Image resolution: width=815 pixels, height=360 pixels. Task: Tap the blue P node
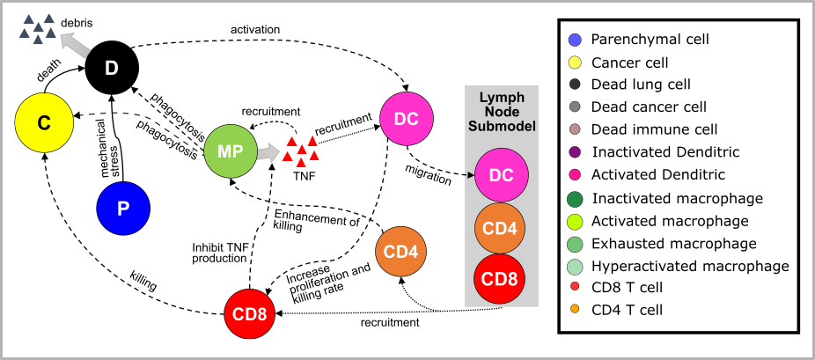tap(123, 209)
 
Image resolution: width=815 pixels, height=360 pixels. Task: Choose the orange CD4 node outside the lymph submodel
tap(402, 251)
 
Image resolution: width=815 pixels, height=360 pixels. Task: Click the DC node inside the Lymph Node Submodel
tap(501, 175)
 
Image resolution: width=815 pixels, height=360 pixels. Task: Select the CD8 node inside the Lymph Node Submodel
tap(501, 281)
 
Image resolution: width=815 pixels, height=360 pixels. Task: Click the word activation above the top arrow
tap(255, 29)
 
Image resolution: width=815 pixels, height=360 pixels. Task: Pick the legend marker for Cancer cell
tap(575, 62)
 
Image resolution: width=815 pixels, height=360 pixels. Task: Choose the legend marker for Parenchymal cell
tap(575, 40)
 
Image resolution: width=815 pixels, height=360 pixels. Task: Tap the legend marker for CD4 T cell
tap(575, 309)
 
